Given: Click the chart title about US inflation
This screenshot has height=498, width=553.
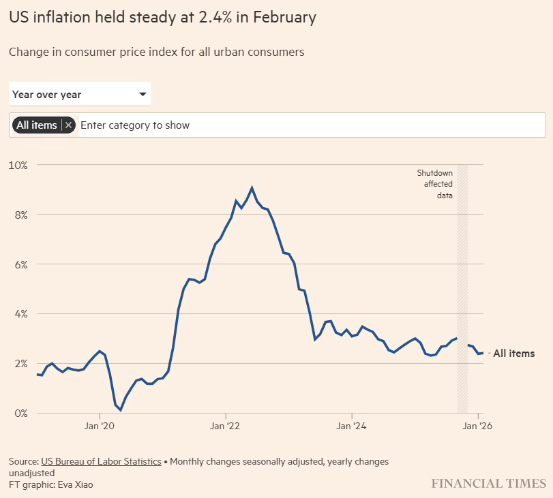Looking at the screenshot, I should tap(162, 18).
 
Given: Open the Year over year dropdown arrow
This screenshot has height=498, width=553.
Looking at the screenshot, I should tap(143, 94).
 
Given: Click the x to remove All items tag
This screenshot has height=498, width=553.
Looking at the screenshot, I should tap(68, 125).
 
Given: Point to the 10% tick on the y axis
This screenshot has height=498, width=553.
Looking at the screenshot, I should tap(18, 165).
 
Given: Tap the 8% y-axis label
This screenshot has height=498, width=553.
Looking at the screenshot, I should tap(20, 215).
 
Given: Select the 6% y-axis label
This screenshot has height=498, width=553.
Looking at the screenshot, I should tap(20, 264).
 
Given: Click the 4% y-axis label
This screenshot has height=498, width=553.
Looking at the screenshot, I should tap(20, 314).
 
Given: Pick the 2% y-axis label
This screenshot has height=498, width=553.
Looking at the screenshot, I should tap(20, 364).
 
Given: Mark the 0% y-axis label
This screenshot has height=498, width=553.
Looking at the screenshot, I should tap(20, 414).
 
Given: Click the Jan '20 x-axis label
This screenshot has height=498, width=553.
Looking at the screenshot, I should tap(100, 426).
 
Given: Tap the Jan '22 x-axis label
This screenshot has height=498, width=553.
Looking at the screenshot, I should tap(226, 426).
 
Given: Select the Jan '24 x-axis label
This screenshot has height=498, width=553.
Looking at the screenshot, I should tap(351, 426).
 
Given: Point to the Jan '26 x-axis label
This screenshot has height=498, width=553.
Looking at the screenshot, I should tap(478, 426).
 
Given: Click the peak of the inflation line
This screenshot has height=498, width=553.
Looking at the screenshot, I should tap(252, 187).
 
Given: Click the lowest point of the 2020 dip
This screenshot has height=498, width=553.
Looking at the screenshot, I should tap(121, 410).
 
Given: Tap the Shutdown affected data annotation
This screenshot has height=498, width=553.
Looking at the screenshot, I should tap(435, 184).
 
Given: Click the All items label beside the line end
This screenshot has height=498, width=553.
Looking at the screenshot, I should tap(513, 354).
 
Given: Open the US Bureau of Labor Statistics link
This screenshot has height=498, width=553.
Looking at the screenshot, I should tap(101, 461).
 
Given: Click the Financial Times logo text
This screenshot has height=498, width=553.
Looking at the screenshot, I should tap(488, 483).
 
